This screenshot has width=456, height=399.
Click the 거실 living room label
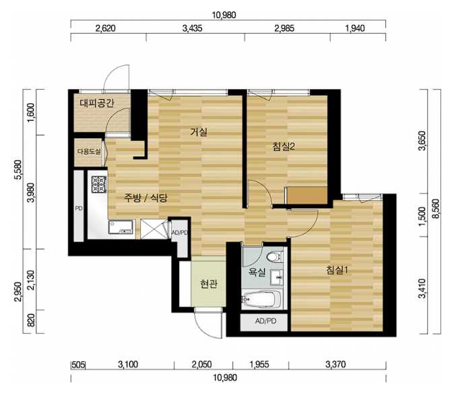point(199,132)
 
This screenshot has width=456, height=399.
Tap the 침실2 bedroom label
point(284,146)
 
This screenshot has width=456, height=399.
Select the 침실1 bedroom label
point(337,270)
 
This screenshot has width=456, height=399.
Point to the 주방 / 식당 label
point(145,198)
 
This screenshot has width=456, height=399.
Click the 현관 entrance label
point(209,284)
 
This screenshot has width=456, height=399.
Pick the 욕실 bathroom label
point(257,272)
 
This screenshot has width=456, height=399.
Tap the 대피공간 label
point(97,102)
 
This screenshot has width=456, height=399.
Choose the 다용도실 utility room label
point(89,152)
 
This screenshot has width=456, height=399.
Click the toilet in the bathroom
point(274,257)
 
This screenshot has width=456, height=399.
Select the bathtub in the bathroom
point(261,299)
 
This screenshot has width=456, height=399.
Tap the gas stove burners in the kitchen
point(99,185)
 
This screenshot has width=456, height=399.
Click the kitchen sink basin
point(121,227)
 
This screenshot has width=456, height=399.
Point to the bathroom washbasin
point(277,278)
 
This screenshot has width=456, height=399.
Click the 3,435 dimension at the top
point(192,28)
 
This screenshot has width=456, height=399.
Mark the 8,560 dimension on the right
point(436,211)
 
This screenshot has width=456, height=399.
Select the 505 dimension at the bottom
point(78,365)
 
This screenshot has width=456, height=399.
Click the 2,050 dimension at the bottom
point(201,365)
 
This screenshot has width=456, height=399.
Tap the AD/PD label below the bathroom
point(265,321)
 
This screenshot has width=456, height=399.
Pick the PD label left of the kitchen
point(79,208)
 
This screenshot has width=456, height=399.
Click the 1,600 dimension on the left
point(32,113)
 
